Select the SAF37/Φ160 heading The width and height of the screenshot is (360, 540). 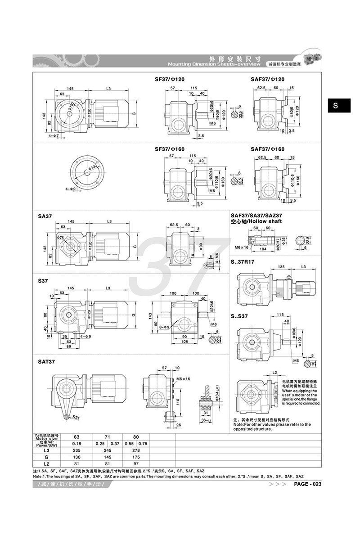coord(268,149)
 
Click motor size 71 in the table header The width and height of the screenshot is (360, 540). coord(104,436)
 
